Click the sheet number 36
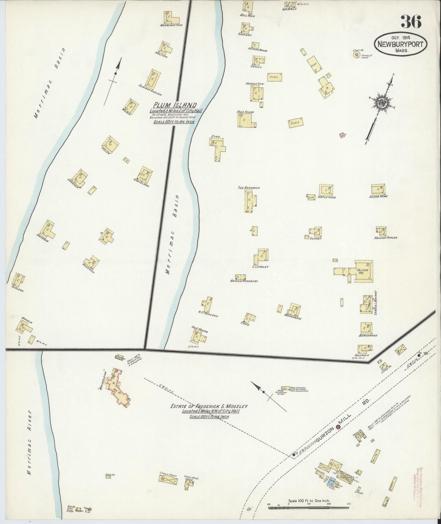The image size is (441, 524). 411,21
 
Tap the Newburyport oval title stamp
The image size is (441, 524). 400,44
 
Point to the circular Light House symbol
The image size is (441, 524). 356,55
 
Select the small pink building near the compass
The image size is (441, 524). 342,135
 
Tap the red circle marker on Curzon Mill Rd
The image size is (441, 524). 338,427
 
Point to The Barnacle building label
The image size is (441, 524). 249,188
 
